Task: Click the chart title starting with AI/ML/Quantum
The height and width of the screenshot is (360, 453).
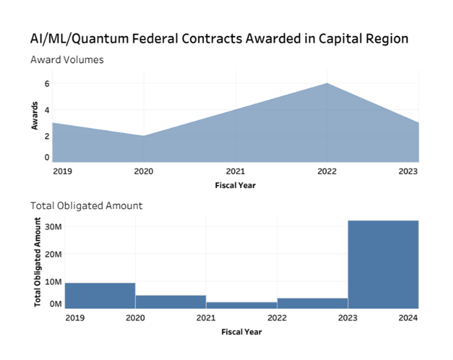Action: pyautogui.click(x=219, y=38)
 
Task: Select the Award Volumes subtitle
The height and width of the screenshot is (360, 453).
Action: pyautogui.click(x=67, y=60)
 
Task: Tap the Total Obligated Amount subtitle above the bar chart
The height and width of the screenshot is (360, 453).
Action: pyautogui.click(x=86, y=205)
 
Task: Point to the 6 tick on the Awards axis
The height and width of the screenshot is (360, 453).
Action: pyautogui.click(x=46, y=84)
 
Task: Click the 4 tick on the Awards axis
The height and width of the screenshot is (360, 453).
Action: pyautogui.click(x=46, y=110)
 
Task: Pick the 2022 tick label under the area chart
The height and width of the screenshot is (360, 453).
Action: pyautogui.click(x=326, y=172)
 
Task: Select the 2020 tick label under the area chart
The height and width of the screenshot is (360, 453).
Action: pyautogui.click(x=144, y=172)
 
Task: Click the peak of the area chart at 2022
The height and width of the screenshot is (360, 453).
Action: pyautogui.click(x=327, y=84)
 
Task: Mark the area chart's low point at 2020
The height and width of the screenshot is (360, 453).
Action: pyautogui.click(x=144, y=136)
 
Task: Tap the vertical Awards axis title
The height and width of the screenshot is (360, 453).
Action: pyautogui.click(x=35, y=115)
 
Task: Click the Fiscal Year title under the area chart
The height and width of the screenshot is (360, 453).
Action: pyautogui.click(x=235, y=185)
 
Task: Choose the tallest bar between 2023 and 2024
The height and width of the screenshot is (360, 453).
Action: pyautogui.click(x=383, y=264)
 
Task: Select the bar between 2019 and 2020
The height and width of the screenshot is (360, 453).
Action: pyautogui.click(x=100, y=295)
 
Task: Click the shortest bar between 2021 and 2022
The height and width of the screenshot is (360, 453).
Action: pyautogui.click(x=242, y=304)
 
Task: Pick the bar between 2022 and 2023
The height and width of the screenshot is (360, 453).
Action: pyautogui.click(x=313, y=302)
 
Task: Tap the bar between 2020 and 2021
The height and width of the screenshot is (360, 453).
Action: pyautogui.click(x=171, y=301)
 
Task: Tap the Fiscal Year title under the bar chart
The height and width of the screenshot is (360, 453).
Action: pyautogui.click(x=242, y=332)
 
